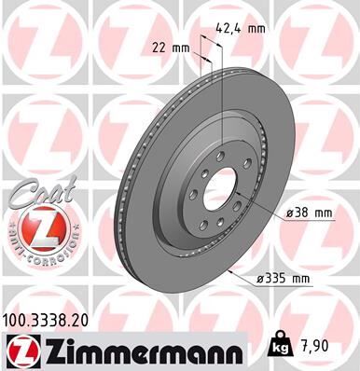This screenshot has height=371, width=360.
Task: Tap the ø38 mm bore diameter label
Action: coord(311,213)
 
